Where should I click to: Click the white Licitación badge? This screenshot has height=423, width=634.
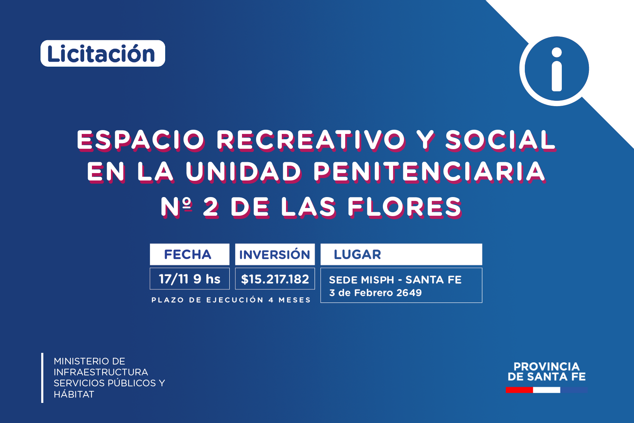pos(103,53)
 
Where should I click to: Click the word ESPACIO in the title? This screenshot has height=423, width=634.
pos(141,140)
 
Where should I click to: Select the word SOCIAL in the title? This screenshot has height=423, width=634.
pos(501,140)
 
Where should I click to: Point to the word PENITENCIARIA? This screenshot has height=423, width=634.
pos(430,172)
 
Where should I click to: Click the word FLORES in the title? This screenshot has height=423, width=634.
pos(405,207)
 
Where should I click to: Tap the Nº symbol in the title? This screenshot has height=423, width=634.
pos(176,207)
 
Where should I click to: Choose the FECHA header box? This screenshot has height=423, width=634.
pos(189,254)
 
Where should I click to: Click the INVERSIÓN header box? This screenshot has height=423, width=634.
pos(275,254)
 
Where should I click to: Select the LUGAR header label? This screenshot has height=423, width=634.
pos(358,255)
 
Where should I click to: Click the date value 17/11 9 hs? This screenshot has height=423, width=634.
pos(189,279)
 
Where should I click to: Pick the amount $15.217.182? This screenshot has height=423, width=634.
pos(275,279)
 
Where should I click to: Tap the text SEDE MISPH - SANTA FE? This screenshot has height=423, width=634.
pos(395,280)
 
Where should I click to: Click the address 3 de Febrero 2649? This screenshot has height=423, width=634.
pos(375,293)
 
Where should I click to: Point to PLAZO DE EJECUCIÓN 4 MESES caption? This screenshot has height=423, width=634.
pos(231,300)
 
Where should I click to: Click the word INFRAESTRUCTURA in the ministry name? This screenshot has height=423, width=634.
pos(101,372)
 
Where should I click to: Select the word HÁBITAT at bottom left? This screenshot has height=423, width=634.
pos(74,394)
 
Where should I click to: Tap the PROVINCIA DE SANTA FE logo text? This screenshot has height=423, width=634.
pos(546,372)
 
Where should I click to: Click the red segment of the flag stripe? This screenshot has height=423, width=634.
pos(519,390)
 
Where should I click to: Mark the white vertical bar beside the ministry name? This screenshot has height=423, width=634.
pos(42,378)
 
